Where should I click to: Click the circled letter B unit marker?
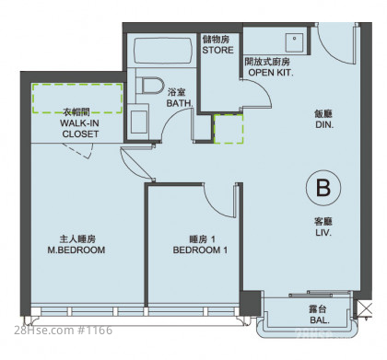323,188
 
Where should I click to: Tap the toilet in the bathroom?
150,85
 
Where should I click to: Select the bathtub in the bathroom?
163,51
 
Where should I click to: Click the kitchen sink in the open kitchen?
294,42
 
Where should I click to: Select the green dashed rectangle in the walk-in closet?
77,99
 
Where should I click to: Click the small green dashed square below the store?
229,129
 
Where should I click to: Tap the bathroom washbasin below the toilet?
139,122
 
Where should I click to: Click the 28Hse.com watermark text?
64,331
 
